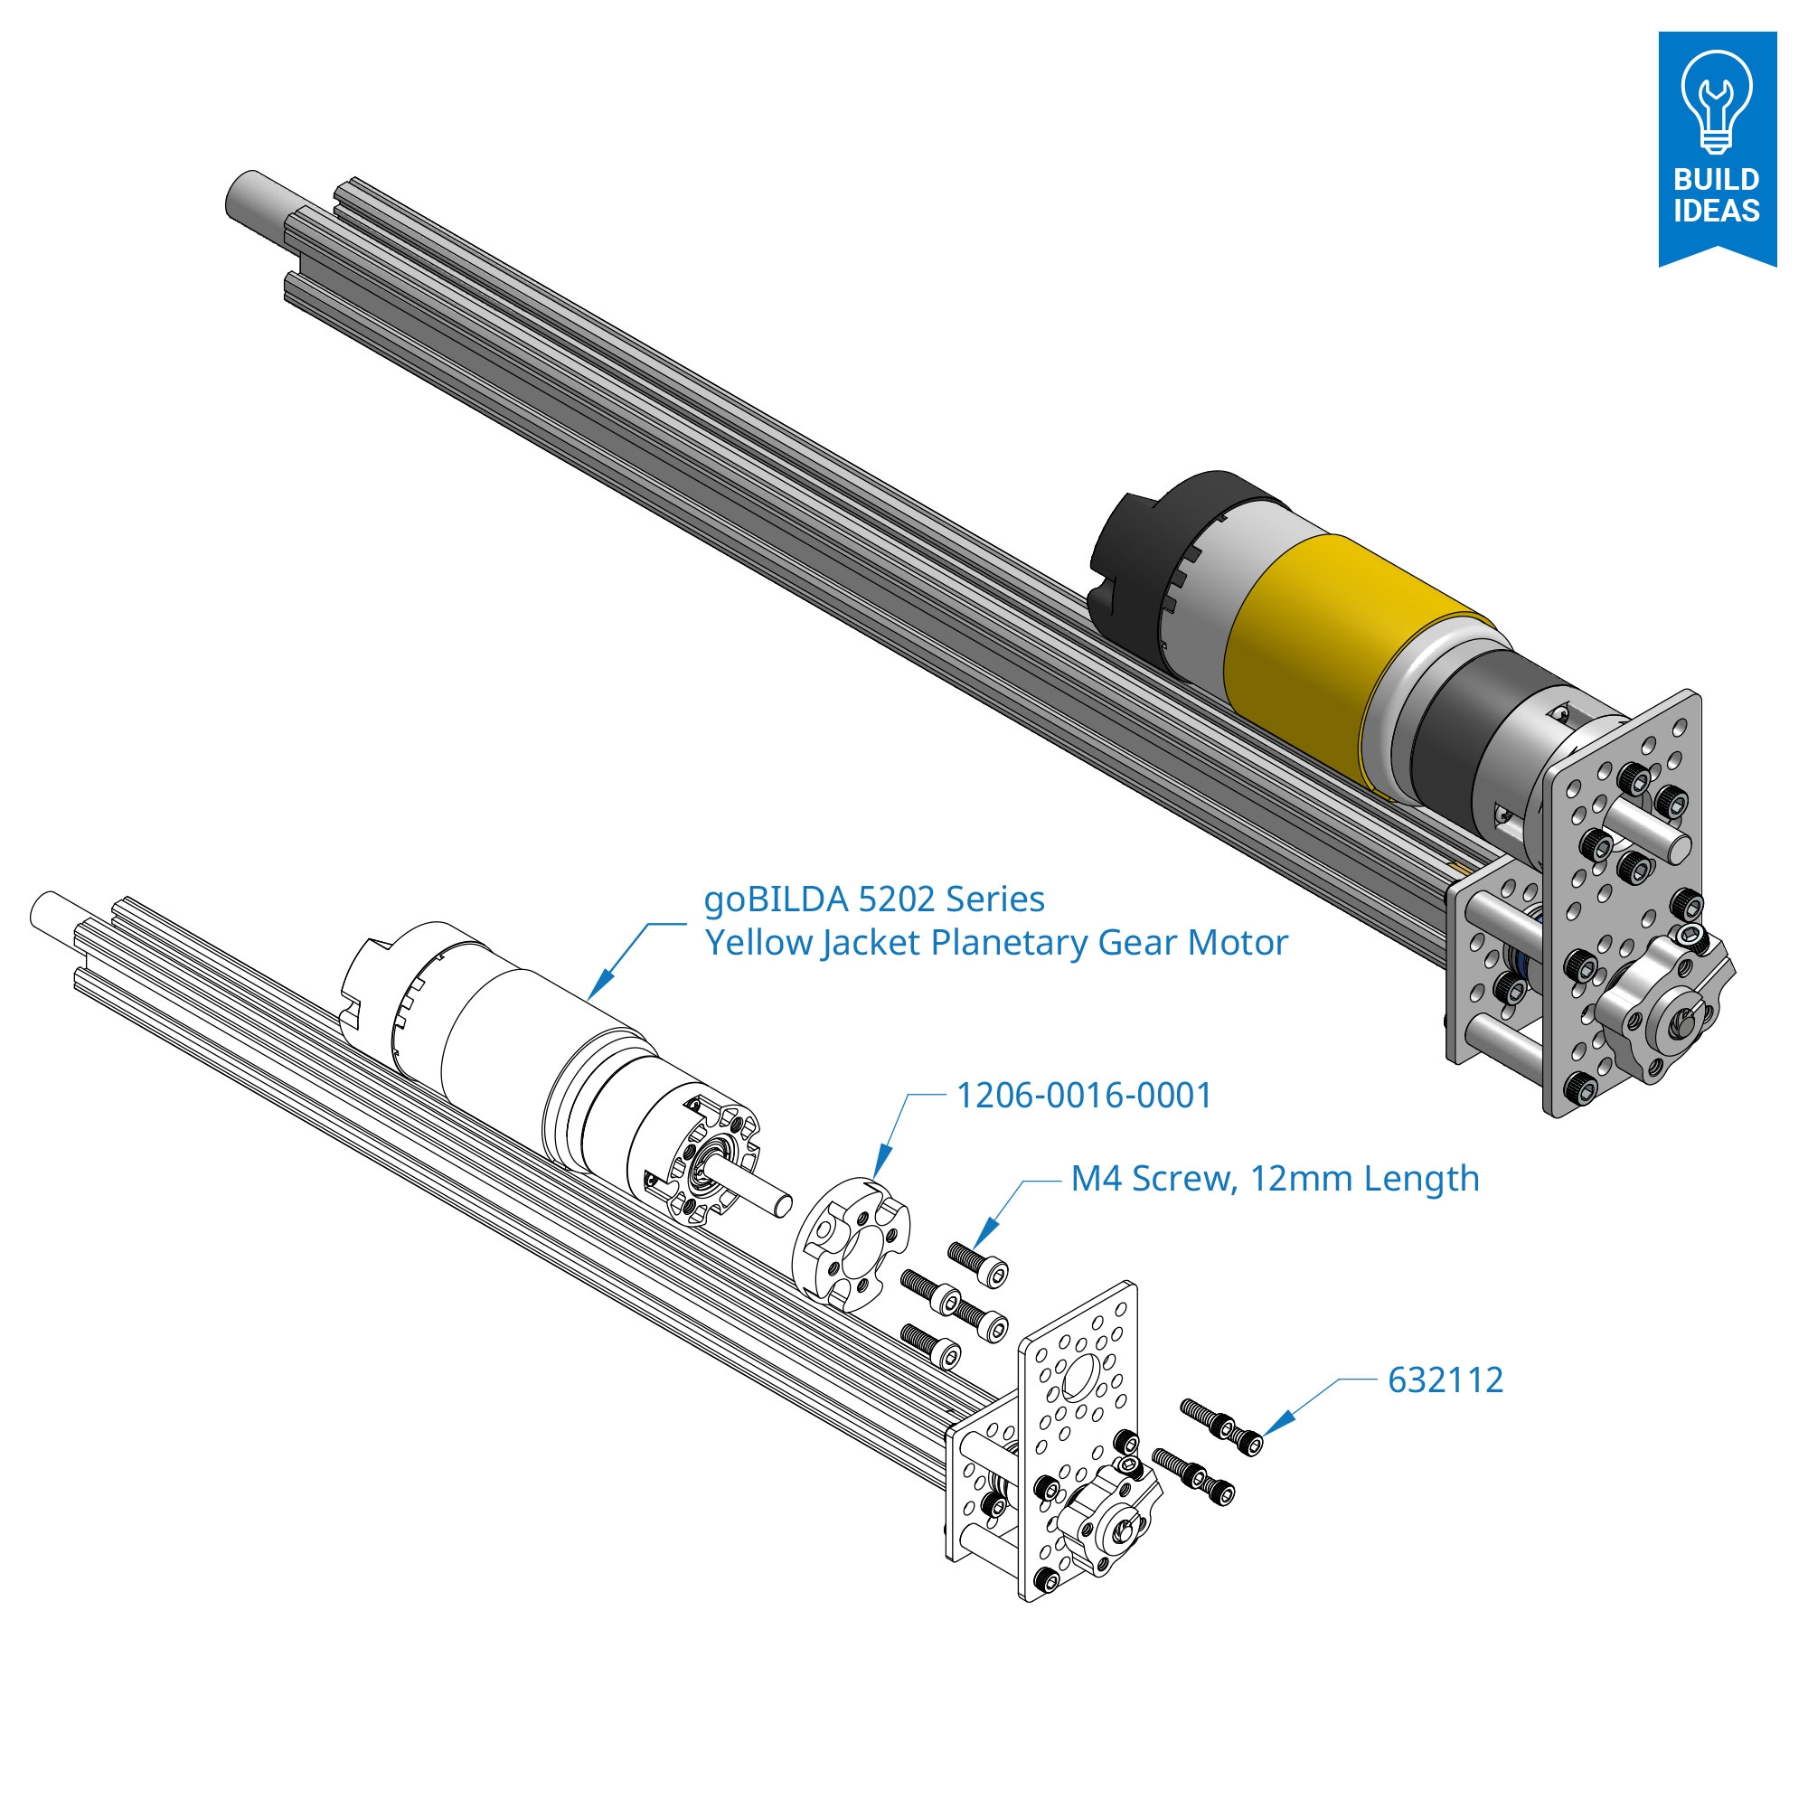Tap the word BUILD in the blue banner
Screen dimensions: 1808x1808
click(1717, 179)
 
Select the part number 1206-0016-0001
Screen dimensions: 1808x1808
click(1084, 1096)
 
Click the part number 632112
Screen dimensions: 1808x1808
click(1445, 1380)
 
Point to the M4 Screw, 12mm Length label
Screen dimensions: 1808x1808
click(1275, 1179)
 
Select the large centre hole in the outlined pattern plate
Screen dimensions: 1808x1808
click(1081, 1375)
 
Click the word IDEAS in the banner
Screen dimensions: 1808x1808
click(1717, 211)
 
